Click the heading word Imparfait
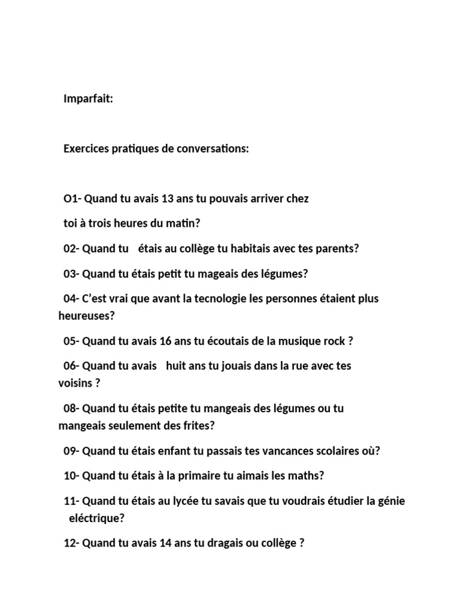point(88,99)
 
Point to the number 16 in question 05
point(166,341)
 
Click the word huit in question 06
point(176,366)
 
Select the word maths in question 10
point(307,476)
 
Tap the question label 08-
point(72,409)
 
